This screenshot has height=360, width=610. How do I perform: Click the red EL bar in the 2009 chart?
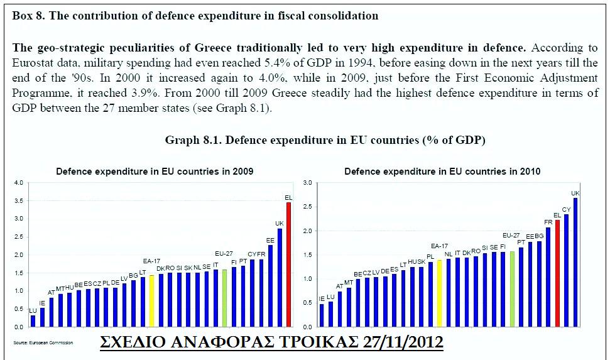click(288, 264)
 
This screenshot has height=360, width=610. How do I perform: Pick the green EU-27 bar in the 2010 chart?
click(512, 289)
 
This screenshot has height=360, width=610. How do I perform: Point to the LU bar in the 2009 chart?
click(33, 320)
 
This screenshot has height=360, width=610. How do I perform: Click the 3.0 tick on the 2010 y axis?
click(308, 183)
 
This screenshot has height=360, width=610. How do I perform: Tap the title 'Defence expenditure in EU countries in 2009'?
click(155, 171)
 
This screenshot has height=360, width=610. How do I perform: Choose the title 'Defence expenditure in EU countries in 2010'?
click(442, 171)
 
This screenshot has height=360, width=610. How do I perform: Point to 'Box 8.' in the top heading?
click(30, 16)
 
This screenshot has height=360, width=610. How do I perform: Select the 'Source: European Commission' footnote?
click(43, 342)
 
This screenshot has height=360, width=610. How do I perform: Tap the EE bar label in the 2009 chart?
click(270, 240)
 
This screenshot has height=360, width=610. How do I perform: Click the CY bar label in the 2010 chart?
click(566, 209)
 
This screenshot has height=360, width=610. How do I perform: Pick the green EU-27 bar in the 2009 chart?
click(224, 298)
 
